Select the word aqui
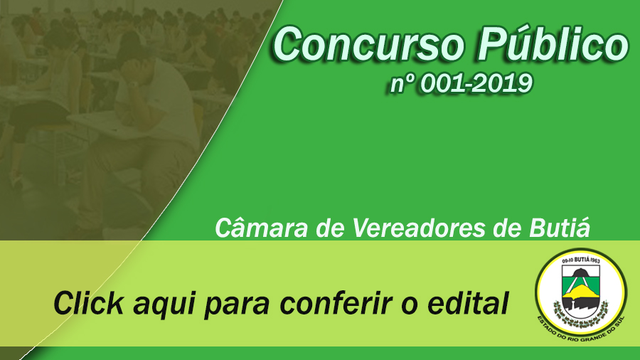[164, 305]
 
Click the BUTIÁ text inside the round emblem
[579, 261]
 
